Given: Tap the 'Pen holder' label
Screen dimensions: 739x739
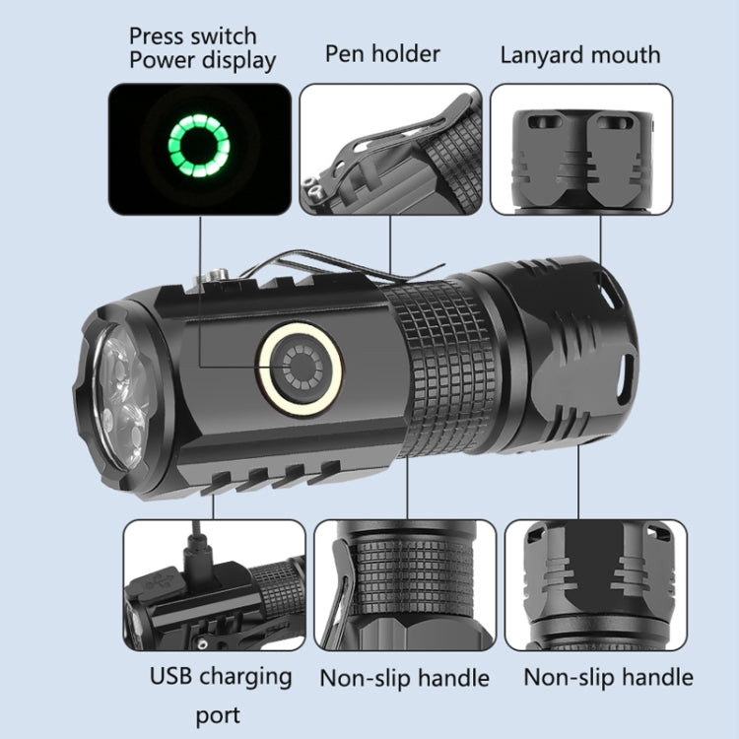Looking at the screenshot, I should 382,54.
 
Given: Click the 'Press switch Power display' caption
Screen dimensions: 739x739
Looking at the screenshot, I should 202,46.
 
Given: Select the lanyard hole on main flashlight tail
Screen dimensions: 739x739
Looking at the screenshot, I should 622,372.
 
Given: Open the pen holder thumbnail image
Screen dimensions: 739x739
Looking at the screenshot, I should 390,149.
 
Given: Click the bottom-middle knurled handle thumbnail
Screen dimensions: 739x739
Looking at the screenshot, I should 405,585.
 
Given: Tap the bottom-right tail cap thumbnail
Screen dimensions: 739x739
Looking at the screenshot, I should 595,585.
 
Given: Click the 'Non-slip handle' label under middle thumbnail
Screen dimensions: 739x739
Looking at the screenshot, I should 404,678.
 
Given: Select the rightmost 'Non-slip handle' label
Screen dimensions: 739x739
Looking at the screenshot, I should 608,678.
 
